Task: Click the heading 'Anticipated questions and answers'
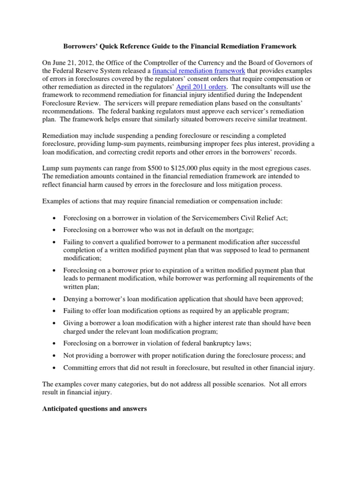(x=94, y=409)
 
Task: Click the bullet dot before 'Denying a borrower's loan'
(x=55, y=299)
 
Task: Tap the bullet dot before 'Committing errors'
(x=55, y=368)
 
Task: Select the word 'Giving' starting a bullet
(x=74, y=323)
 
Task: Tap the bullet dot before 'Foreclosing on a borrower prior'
(x=55, y=270)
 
